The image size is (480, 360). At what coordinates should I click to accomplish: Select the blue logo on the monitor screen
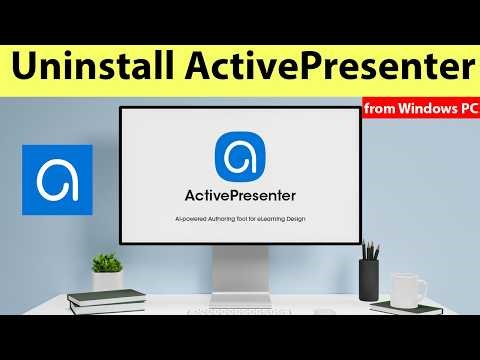[x=240, y=155]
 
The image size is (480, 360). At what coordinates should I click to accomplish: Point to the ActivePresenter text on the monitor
[x=240, y=193]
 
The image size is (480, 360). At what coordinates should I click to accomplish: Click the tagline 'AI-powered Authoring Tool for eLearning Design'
[x=240, y=217]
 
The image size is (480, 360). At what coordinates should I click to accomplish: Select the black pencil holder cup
[x=369, y=273]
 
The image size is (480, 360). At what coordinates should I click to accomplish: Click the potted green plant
[x=107, y=268]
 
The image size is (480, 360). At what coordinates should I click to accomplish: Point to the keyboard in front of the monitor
[x=239, y=311]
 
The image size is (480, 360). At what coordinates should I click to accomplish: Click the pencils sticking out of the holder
[x=368, y=248]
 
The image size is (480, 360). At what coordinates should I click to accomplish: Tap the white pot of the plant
[x=107, y=282]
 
